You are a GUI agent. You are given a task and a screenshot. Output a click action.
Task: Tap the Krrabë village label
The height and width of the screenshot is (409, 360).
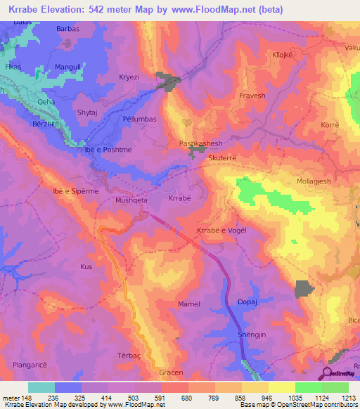coord(180,199)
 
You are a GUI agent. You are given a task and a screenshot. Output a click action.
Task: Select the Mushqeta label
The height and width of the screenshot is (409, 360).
coord(130,200)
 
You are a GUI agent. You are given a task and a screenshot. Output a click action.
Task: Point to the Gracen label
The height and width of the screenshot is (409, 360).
coord(171,372)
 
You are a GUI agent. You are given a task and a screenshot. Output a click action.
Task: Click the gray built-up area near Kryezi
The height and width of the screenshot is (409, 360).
coord(169,82)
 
